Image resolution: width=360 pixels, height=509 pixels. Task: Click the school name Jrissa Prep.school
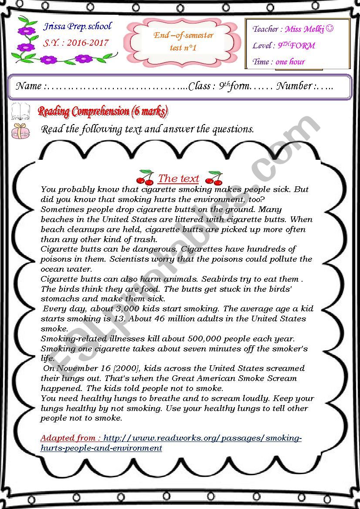(x=78, y=27)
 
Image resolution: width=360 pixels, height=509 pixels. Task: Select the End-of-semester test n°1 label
(x=183, y=41)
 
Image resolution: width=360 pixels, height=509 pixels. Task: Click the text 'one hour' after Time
(x=290, y=62)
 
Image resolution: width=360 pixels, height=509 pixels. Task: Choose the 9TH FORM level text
(x=296, y=46)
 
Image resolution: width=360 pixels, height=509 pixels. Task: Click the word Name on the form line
(x=29, y=86)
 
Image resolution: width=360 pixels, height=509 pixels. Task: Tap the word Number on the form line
(x=294, y=86)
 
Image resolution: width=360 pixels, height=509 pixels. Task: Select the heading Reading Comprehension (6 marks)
(x=103, y=112)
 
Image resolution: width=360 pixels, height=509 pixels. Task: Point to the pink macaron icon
(x=20, y=130)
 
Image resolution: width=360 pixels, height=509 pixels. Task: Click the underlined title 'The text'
(x=179, y=179)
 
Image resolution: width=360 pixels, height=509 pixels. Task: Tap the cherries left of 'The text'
(x=145, y=177)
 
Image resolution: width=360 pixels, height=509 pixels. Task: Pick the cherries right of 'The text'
(x=214, y=177)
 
